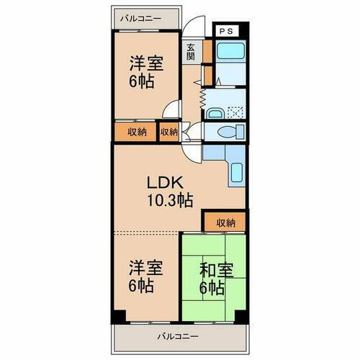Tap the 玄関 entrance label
tap(191, 53)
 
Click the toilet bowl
tap(228, 130)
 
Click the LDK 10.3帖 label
tap(171, 191)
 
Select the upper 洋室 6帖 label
tap(145, 71)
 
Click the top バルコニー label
tap(141, 15)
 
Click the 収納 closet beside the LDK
tap(225, 222)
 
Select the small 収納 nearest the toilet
tap(169, 132)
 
